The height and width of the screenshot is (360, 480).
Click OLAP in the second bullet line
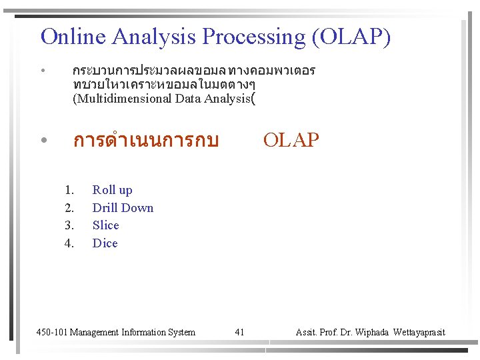(x=291, y=140)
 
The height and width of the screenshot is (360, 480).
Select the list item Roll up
(x=112, y=190)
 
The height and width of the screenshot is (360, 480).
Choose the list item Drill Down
(x=123, y=207)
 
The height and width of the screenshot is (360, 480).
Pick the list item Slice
(x=105, y=225)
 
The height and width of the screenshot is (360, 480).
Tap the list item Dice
(x=105, y=243)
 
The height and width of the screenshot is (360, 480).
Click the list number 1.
(x=69, y=190)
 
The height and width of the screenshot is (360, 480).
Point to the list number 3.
(x=69, y=225)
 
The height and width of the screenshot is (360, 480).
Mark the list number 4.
(x=69, y=243)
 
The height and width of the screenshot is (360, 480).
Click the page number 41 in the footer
(x=240, y=332)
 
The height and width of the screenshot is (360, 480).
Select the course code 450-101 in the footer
(x=52, y=332)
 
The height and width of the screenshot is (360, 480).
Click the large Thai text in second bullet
(x=145, y=141)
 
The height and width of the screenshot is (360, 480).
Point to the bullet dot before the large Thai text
(x=43, y=141)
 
